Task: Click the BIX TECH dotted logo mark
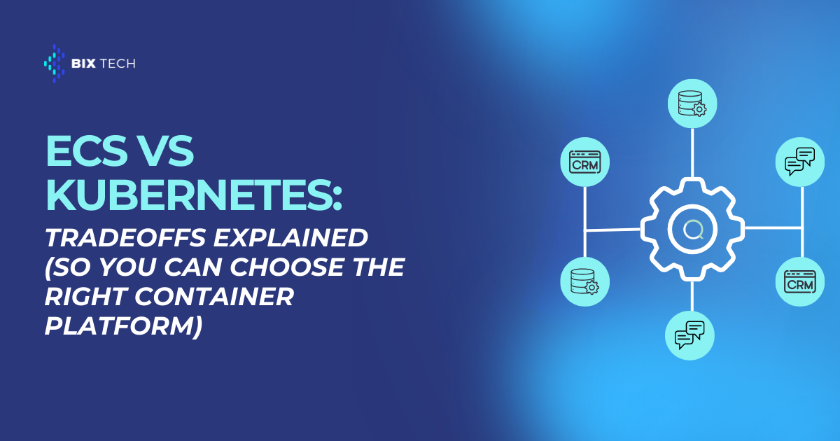point(55,64)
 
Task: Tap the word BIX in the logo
point(83,64)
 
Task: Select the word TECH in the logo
point(118,64)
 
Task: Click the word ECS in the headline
point(87,150)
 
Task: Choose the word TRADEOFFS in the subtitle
point(125,238)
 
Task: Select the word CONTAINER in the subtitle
point(214,296)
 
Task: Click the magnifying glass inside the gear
point(692,230)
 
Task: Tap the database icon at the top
point(692,104)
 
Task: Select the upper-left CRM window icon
point(585,162)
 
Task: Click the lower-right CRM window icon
point(800,282)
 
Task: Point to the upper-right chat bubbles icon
point(800,162)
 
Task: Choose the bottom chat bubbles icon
point(689,335)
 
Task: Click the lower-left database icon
point(584,281)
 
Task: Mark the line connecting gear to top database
point(692,153)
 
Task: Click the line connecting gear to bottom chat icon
point(692,296)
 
